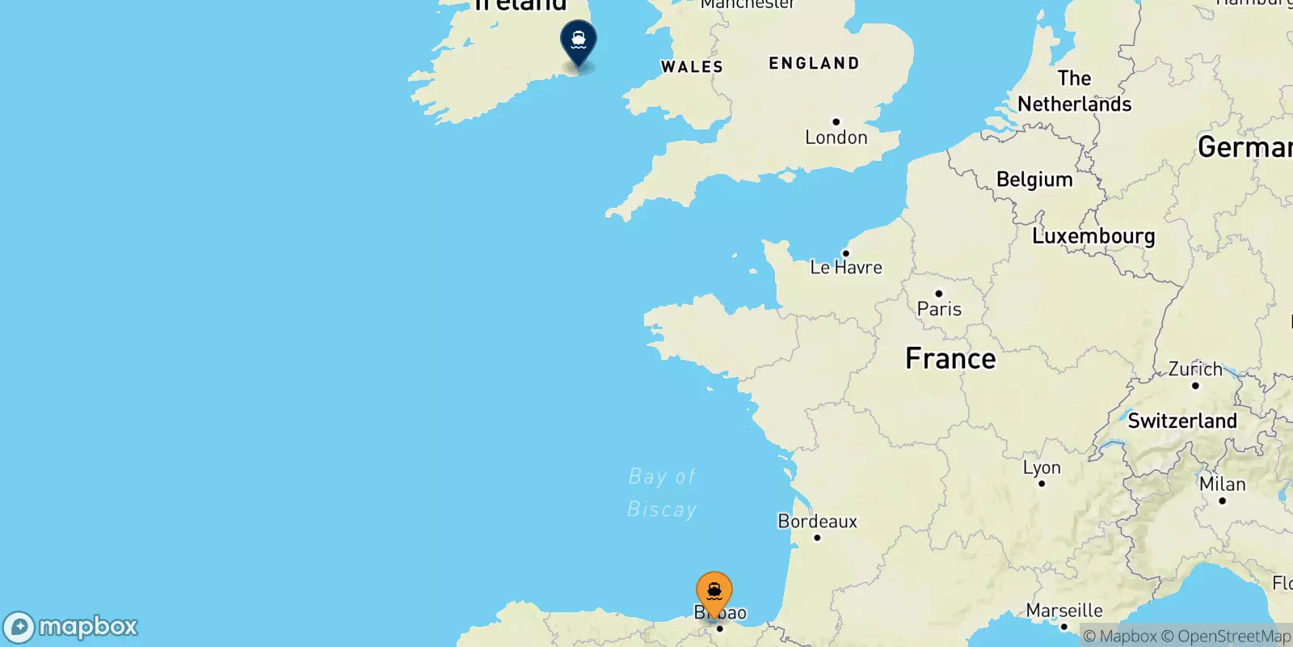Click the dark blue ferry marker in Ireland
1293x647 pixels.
click(x=579, y=40)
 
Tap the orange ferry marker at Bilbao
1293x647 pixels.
click(x=714, y=593)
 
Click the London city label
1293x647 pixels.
click(x=836, y=137)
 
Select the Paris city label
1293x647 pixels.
click(x=939, y=308)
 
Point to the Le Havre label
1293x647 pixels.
click(x=846, y=267)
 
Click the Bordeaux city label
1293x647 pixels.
click(x=817, y=522)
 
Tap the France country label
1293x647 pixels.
click(x=950, y=358)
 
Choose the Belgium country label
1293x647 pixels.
click(x=1034, y=179)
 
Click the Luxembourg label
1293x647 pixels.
click(x=1093, y=236)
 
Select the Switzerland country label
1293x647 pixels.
click(x=1182, y=421)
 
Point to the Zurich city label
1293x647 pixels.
click(x=1195, y=369)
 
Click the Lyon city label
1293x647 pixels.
click(x=1042, y=467)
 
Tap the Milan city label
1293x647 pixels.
click(x=1222, y=484)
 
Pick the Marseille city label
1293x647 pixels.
click(x=1064, y=611)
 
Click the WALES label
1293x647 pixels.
click(x=692, y=67)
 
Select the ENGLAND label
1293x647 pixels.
click(x=814, y=63)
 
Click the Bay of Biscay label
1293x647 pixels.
click(x=662, y=493)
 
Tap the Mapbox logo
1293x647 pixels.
click(x=71, y=627)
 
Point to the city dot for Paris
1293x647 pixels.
click(x=938, y=294)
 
